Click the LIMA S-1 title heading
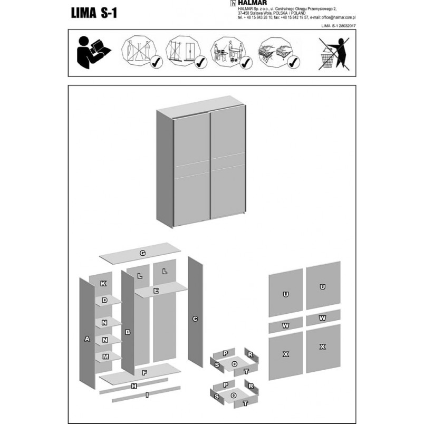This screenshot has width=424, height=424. [x=94, y=13]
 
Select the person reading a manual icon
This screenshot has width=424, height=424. [x=93, y=52]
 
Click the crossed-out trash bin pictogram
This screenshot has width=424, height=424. [x=334, y=54]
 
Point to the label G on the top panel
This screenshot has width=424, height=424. [x=142, y=253]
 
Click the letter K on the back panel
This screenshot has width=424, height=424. [x=103, y=283]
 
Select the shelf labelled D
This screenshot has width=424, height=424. [x=108, y=301]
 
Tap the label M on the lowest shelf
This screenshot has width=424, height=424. [x=105, y=356]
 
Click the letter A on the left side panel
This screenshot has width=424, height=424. [x=87, y=339]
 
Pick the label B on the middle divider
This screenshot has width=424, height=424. [x=128, y=332]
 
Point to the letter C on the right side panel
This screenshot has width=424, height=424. [x=195, y=319]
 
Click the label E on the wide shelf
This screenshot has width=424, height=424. [x=156, y=291]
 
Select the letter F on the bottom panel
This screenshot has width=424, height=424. [x=144, y=373]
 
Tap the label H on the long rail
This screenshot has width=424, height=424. [x=134, y=386]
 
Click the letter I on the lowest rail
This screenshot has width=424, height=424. [x=147, y=395]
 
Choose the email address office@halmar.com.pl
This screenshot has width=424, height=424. [x=338, y=17]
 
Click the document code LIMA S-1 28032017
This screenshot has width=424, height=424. [x=338, y=26]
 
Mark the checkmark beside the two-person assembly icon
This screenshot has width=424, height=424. [x=246, y=63]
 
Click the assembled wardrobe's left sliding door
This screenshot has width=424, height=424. [x=192, y=170]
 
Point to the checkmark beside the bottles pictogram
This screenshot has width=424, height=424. [x=156, y=62]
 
